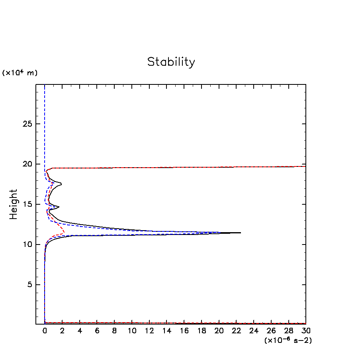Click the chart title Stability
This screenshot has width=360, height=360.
[x=171, y=62]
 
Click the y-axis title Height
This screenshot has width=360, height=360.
[x=14, y=204]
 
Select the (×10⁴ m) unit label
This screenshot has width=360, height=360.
[x=20, y=73]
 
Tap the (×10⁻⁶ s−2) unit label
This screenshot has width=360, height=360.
[x=288, y=340]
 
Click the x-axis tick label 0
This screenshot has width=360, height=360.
[x=45, y=331]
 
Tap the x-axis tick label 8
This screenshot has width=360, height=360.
[x=114, y=331]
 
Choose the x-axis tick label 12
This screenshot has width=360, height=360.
[x=149, y=331]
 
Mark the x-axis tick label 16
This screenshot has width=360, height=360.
[x=184, y=331]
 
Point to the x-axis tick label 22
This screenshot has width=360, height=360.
[x=236, y=331]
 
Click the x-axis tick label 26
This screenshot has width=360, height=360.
[x=271, y=331]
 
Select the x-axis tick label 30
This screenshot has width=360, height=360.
[x=306, y=331]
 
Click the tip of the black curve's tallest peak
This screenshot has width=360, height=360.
[x=241, y=233]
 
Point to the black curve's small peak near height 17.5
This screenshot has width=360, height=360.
[x=61, y=184]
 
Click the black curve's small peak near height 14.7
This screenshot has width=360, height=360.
[x=59, y=207]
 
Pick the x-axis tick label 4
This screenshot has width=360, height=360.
[x=80, y=331]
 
